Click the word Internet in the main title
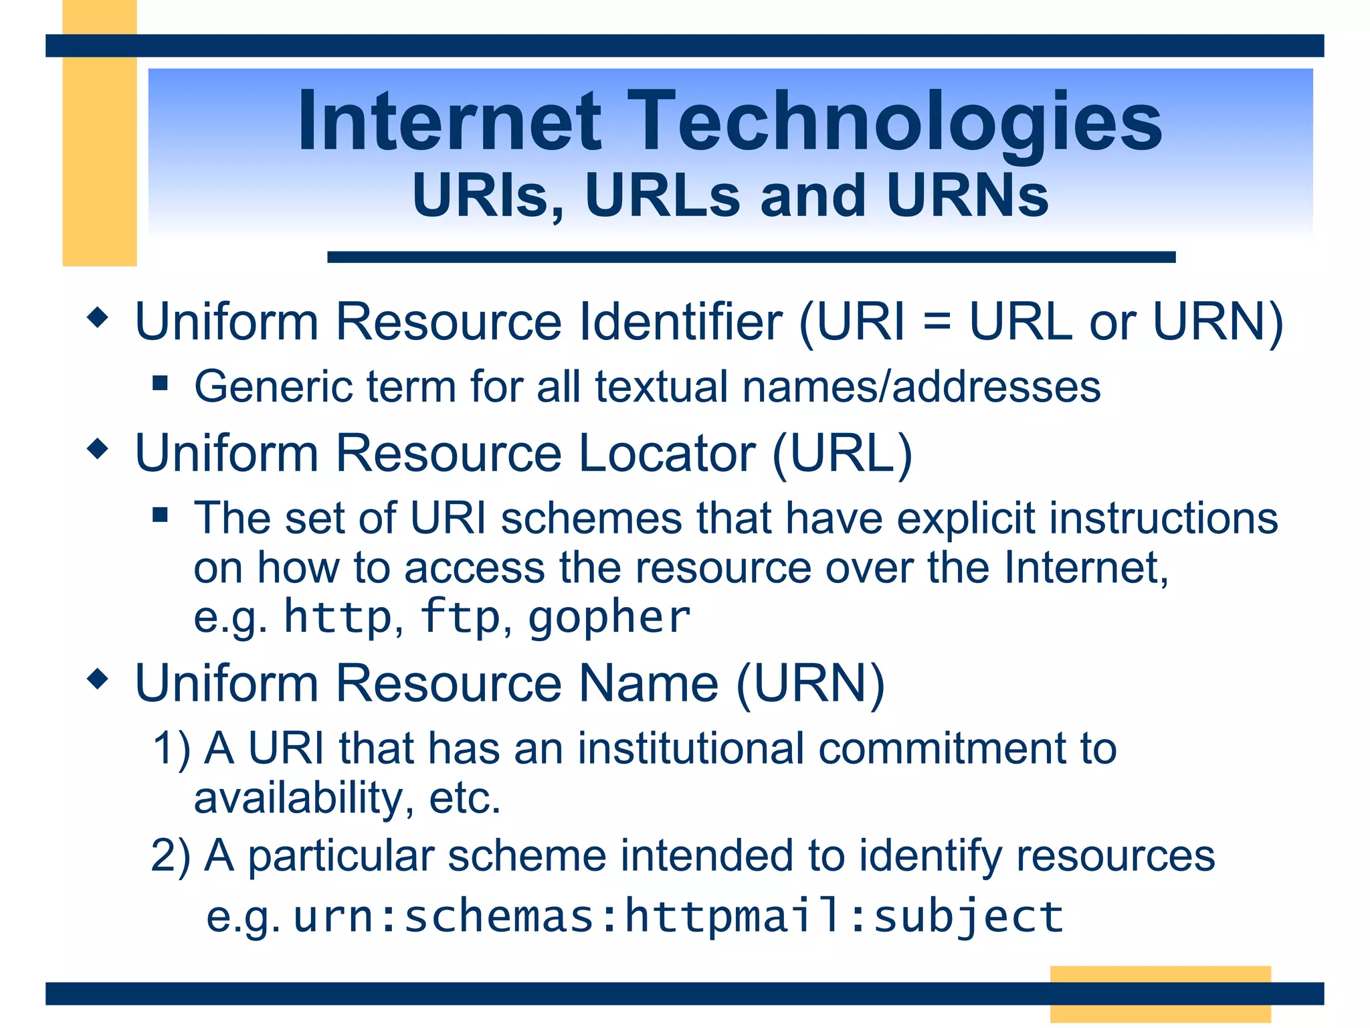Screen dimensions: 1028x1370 point(450,122)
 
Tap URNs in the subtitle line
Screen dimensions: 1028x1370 point(967,196)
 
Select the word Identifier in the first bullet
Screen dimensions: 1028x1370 point(680,322)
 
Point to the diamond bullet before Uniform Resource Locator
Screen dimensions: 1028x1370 point(98,449)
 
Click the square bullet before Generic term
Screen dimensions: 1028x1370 point(160,383)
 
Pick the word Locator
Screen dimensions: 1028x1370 point(666,453)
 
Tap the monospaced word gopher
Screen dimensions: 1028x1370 point(609,616)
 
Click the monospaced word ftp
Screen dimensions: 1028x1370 point(460,616)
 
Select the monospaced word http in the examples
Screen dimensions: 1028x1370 point(338,616)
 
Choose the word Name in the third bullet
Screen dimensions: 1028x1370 point(648,683)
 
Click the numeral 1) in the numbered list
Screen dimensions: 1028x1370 point(172,748)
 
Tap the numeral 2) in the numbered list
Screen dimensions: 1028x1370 point(171,856)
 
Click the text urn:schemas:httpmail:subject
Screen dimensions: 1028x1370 point(678,916)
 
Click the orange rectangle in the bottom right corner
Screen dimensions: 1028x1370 point(1160,993)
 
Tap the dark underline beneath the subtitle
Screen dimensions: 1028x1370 point(751,257)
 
